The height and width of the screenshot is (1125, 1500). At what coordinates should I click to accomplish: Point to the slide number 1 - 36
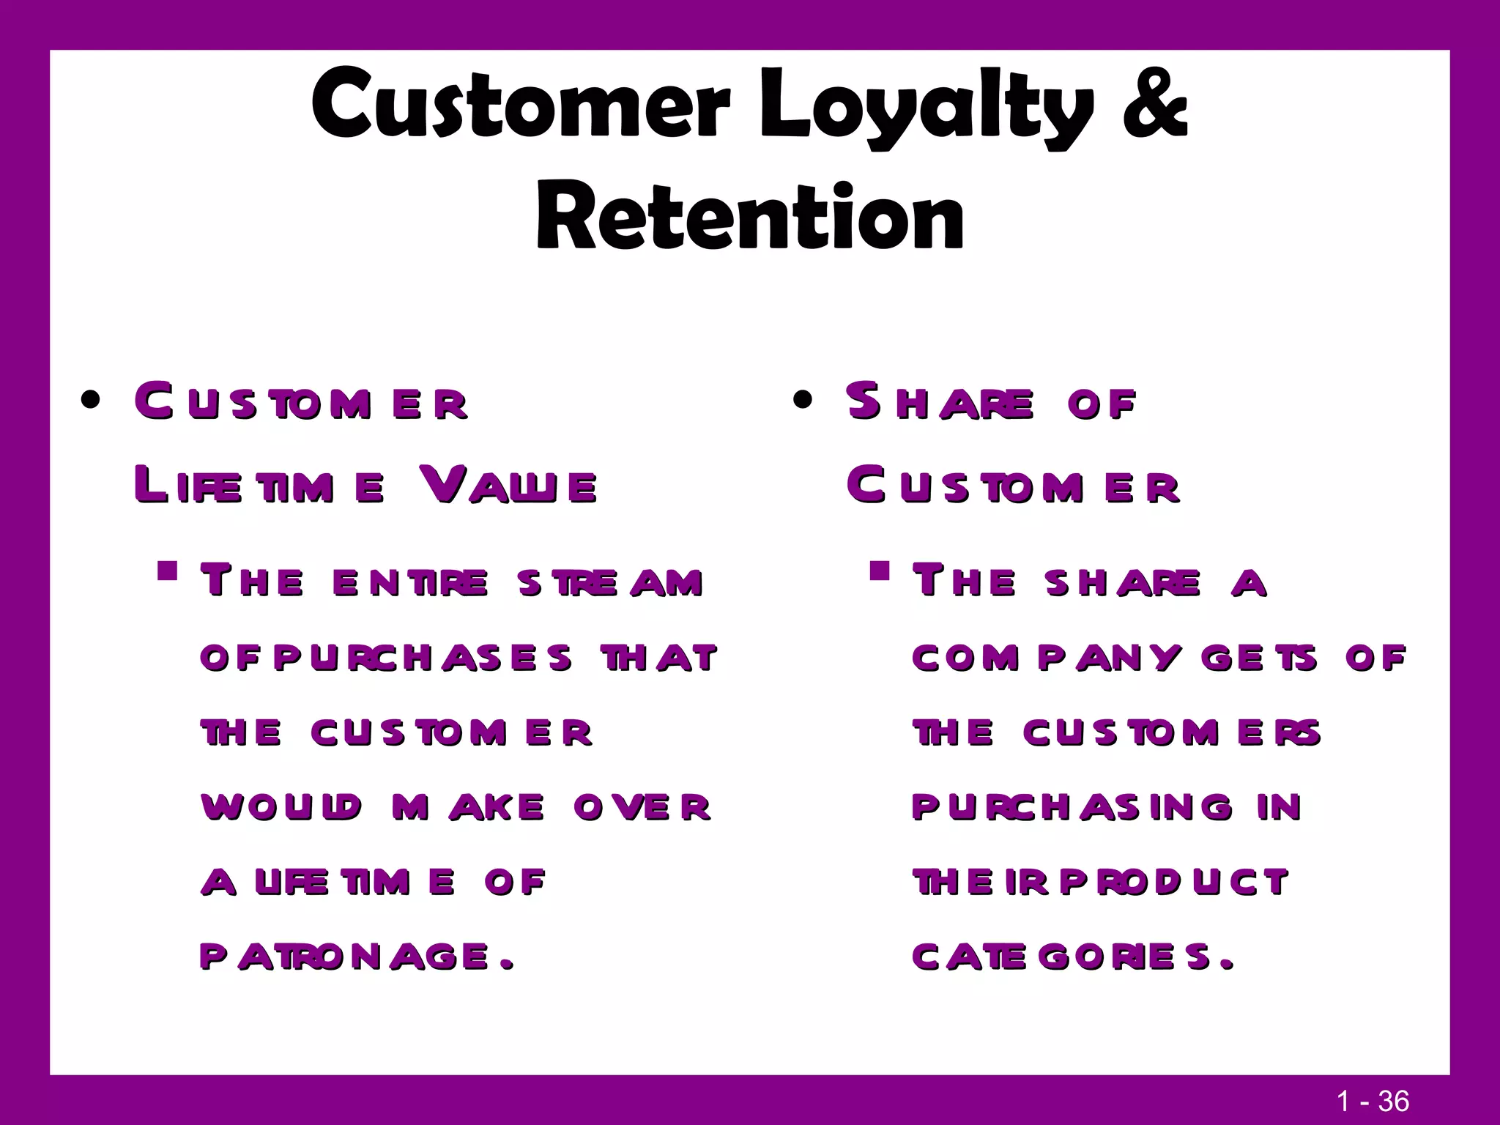(1373, 1101)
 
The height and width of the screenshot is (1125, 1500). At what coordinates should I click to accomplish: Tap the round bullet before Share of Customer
(803, 401)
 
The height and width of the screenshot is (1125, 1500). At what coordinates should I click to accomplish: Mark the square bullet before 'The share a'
(880, 570)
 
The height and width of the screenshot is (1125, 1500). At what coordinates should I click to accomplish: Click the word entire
(409, 582)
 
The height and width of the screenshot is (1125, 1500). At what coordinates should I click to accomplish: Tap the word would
(281, 806)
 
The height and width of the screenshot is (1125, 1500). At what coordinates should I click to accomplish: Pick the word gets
(1260, 658)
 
